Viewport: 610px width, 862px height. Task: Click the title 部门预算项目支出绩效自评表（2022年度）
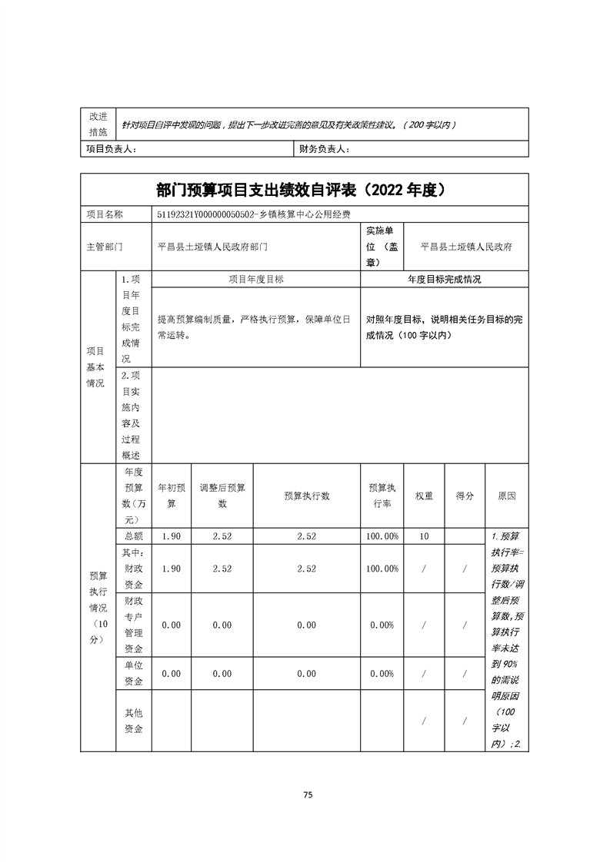[305, 190]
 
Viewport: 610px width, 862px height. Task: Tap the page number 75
[307, 795]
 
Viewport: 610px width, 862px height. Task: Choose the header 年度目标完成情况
[444, 280]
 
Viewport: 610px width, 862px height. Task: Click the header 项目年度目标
[256, 280]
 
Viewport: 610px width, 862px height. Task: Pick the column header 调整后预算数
[222, 496]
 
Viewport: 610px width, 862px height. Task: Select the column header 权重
[424, 496]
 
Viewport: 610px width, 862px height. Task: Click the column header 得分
[465, 496]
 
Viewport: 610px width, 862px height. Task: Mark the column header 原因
[506, 496]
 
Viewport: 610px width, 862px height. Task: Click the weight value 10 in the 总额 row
[424, 536]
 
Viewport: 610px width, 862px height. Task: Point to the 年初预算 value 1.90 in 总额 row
[171, 536]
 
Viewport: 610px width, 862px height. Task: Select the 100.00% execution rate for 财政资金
[382, 569]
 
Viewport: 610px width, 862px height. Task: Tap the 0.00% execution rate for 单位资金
[382, 674]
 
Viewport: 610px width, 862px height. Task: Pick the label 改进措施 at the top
[98, 123]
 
